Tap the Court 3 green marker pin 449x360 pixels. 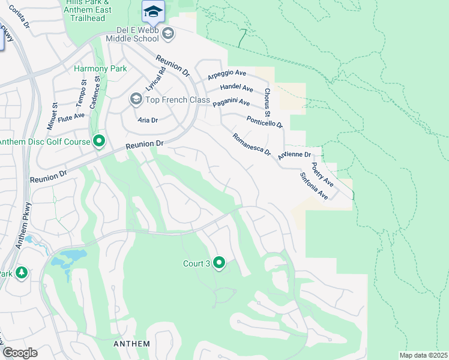(219, 263)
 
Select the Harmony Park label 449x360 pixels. (100, 68)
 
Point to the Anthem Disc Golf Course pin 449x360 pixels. (100, 142)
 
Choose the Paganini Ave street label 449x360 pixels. (231, 103)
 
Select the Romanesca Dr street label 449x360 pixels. (252, 143)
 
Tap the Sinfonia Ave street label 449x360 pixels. (314, 187)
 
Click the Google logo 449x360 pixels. (20, 353)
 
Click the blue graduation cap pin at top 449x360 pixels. (153, 11)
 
